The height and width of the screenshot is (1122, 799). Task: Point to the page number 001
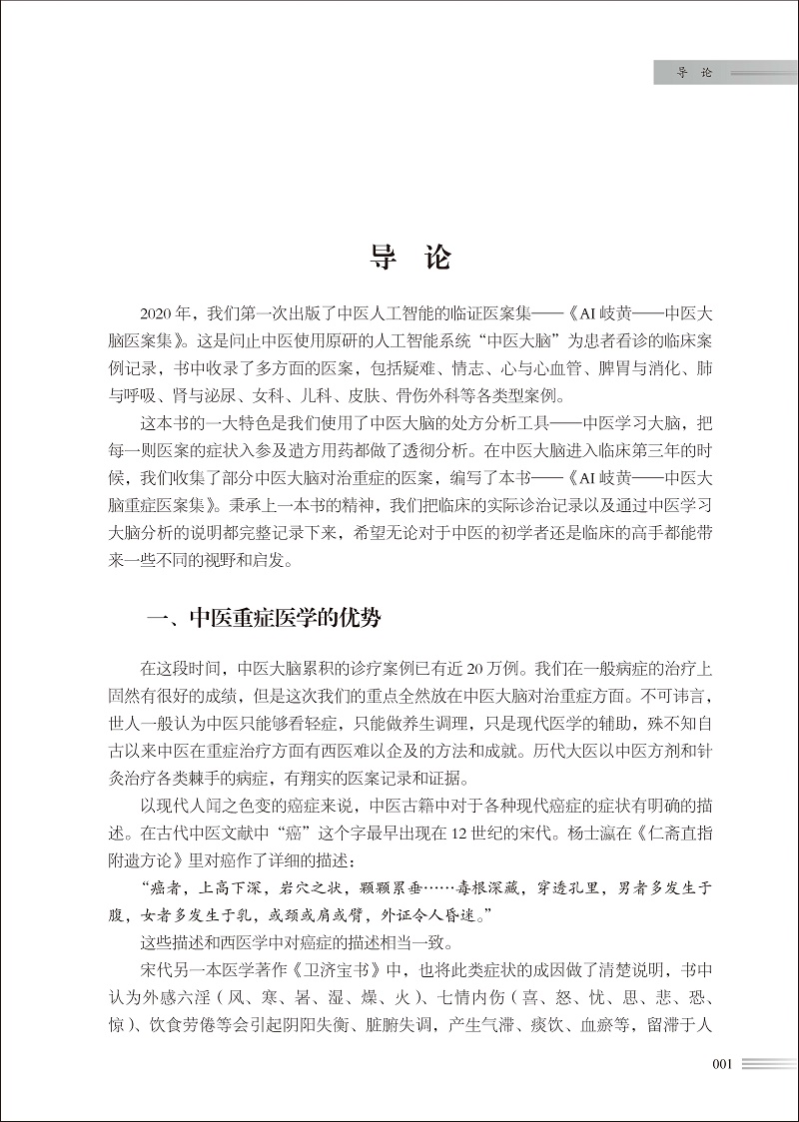(x=722, y=1063)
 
